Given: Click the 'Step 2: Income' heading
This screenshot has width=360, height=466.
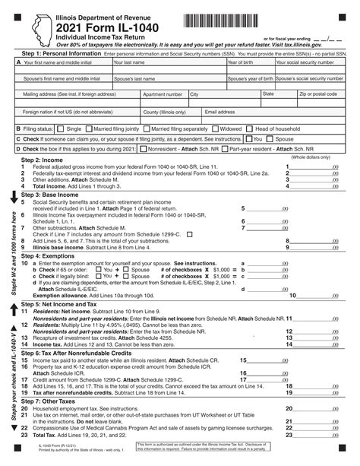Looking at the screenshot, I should pyautogui.click(x=42, y=160).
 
